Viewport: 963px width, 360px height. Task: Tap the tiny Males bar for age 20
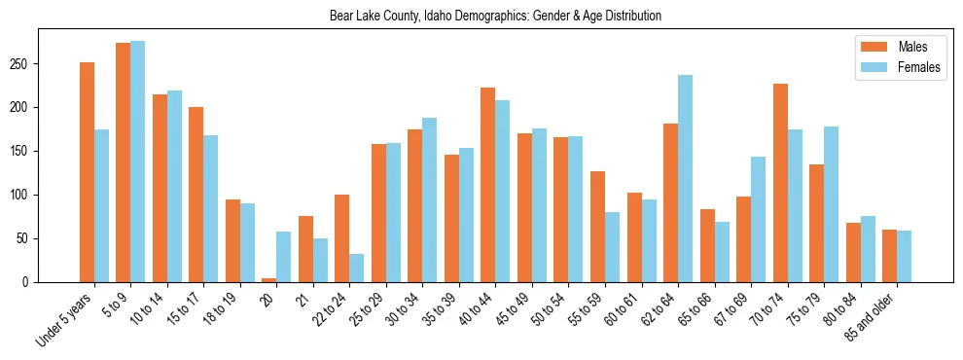click(x=269, y=280)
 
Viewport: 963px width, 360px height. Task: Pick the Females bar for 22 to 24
click(x=357, y=268)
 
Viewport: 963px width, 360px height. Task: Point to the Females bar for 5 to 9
click(x=138, y=162)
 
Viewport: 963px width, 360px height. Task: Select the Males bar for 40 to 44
click(x=488, y=185)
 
